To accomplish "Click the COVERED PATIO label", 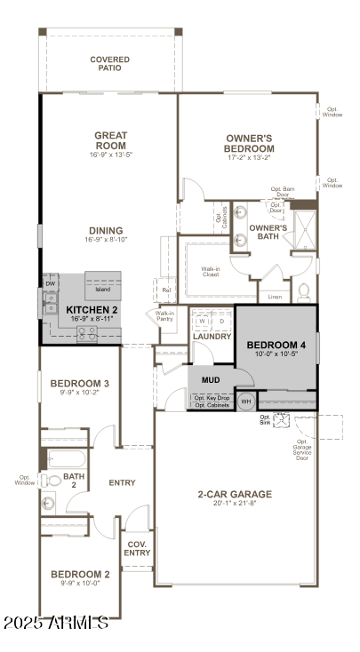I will click(109, 64).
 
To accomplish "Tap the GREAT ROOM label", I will click(111, 140).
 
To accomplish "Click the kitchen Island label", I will click(104, 290).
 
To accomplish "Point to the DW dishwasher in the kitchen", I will click(50, 283).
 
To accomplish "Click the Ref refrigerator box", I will click(166, 290).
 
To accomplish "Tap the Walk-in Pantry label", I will click(165, 316).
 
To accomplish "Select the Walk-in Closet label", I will click(211, 271).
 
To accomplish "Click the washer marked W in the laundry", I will click(201, 322).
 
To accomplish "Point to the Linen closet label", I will click(274, 296).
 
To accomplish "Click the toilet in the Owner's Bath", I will click(303, 290).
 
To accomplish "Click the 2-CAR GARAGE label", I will click(235, 494).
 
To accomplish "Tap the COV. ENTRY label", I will click(137, 548).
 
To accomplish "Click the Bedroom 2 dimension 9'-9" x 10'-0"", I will click(81, 584).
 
